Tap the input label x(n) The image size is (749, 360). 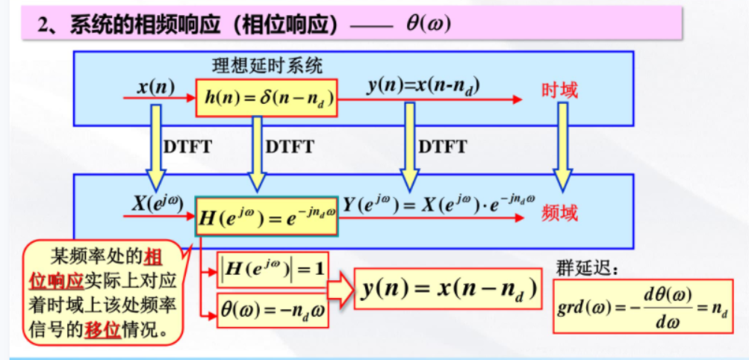155,87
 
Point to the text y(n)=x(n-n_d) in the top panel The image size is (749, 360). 423,86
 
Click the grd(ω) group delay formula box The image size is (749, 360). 643,305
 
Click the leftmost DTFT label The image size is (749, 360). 187,147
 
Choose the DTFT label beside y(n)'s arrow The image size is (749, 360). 442,147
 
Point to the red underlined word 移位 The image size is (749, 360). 104,329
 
